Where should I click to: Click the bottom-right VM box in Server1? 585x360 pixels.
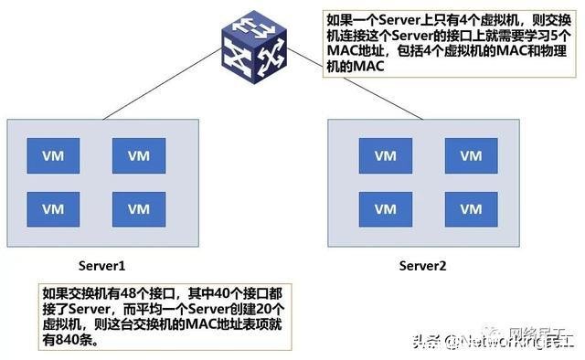[138, 208]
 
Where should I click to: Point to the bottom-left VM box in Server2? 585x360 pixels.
[385, 208]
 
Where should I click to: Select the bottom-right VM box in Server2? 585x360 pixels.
[471, 208]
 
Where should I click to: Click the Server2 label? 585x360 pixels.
[422, 266]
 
